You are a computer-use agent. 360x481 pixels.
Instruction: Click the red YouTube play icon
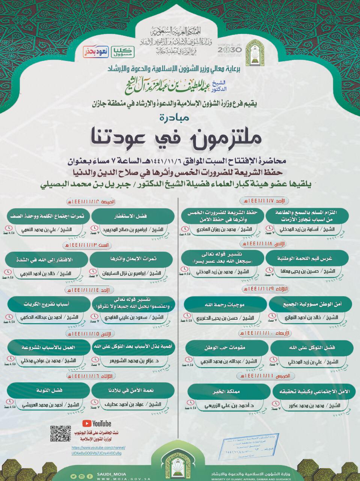(x=87, y=424)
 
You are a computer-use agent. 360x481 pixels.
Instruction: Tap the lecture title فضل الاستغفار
(x=133, y=216)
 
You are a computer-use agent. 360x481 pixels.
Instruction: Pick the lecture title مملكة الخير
(x=225, y=392)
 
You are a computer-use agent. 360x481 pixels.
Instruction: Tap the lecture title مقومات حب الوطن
(x=225, y=348)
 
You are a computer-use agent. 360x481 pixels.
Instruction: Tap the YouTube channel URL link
(x=98, y=451)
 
